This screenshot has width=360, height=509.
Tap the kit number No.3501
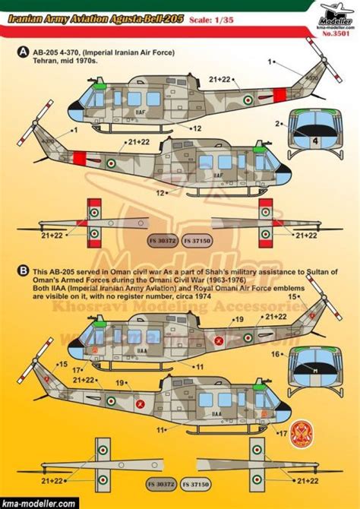336,33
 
